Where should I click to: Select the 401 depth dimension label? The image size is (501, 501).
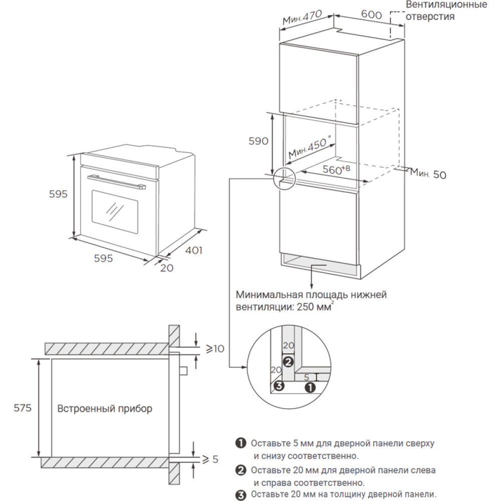193,250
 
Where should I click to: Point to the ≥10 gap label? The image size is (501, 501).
215,349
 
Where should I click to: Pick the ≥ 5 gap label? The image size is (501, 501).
210,459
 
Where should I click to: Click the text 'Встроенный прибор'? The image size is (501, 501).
105,409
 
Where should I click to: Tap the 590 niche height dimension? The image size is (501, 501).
259,141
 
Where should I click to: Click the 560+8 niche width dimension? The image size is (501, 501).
336,169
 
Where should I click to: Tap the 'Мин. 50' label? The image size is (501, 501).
427,174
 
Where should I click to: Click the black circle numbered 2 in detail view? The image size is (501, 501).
288,361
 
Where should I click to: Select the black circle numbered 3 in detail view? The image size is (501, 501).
279,385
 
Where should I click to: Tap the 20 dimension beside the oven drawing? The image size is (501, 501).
166,268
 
